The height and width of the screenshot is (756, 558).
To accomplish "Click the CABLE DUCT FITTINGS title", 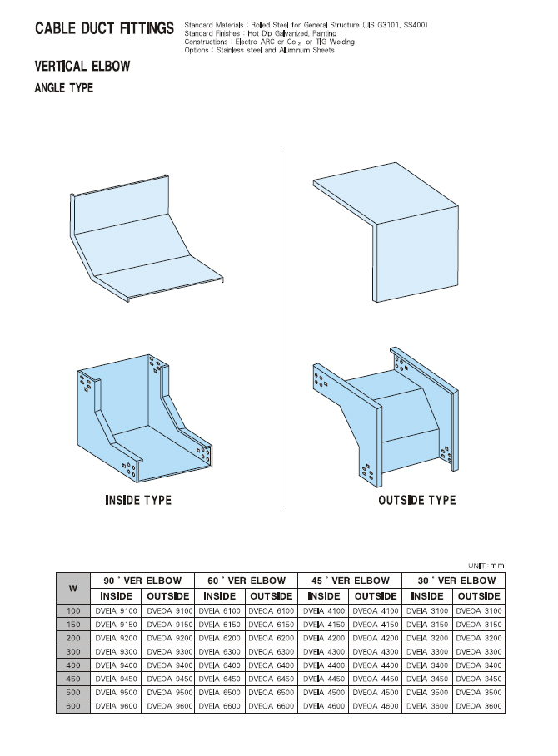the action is (x=104, y=28).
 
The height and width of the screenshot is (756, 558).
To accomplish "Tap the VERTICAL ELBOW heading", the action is (x=82, y=66).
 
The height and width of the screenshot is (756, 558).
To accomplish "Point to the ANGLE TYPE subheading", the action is (x=64, y=88).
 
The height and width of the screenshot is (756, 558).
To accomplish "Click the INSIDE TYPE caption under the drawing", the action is (x=138, y=500).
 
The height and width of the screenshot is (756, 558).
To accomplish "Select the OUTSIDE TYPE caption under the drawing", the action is (x=417, y=500).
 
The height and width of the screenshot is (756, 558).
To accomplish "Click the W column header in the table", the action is (x=73, y=588).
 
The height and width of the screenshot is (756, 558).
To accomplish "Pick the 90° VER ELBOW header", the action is (x=142, y=581).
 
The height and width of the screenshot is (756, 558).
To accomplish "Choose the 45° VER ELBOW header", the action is (x=351, y=581).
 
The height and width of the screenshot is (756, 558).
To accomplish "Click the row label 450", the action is (x=73, y=679).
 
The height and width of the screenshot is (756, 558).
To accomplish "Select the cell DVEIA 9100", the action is (x=117, y=611).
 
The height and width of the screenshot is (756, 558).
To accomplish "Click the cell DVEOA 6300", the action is (x=272, y=651).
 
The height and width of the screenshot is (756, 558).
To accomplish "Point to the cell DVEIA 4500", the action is (x=324, y=692).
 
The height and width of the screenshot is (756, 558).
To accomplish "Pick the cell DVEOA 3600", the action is (x=479, y=706).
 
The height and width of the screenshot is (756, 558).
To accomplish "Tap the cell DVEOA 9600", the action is (x=170, y=706).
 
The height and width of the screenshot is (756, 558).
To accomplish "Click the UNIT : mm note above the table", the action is (x=486, y=566).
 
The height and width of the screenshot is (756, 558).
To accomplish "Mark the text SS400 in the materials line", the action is (x=414, y=25).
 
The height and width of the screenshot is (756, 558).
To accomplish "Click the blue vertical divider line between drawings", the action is (x=281, y=329).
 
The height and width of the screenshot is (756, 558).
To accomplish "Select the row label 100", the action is (x=73, y=611).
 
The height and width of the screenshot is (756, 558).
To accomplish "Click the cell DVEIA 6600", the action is (x=220, y=706).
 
